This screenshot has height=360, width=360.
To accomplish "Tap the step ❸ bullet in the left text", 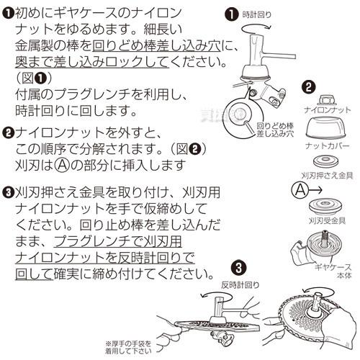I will pos(7,193).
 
